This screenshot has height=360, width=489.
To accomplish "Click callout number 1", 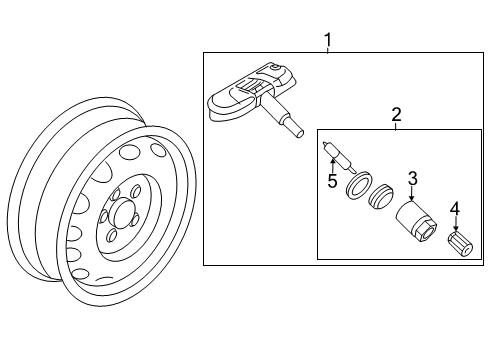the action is (328, 40).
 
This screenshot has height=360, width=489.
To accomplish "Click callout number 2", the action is (396, 114).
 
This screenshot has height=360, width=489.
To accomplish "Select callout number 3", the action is (413, 178).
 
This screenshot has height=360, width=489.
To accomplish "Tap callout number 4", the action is (455, 209).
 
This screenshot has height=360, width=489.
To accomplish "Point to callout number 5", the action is (332, 181).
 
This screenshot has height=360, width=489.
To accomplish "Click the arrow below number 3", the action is (412, 194).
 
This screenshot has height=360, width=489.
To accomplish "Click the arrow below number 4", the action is (455, 224).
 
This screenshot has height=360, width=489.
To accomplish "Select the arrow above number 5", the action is (332, 166).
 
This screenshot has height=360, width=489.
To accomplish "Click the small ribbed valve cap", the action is (460, 244).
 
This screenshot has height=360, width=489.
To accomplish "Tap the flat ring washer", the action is (358, 185).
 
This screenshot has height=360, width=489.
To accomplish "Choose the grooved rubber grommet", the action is (381, 197).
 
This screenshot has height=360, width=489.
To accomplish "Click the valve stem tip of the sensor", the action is (299, 133).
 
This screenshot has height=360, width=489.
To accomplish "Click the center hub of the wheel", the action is (121, 213).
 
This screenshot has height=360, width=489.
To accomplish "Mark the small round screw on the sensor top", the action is (275, 68).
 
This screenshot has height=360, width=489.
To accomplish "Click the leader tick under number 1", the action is (328, 50).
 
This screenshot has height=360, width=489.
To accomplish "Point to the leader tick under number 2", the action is (396, 127).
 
